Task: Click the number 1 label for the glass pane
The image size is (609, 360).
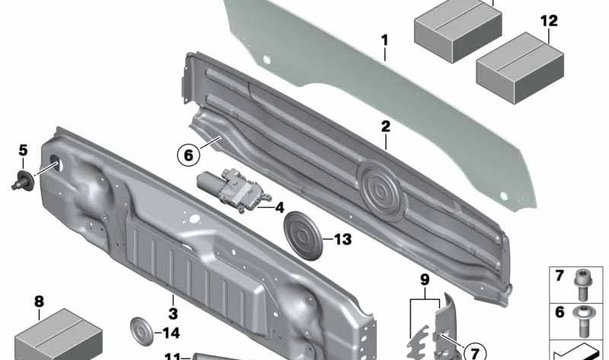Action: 385,40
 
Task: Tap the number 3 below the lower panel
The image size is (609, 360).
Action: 173,314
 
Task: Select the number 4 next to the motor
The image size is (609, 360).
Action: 279,207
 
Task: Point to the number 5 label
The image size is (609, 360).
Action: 23,149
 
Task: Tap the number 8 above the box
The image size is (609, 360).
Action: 39,301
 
